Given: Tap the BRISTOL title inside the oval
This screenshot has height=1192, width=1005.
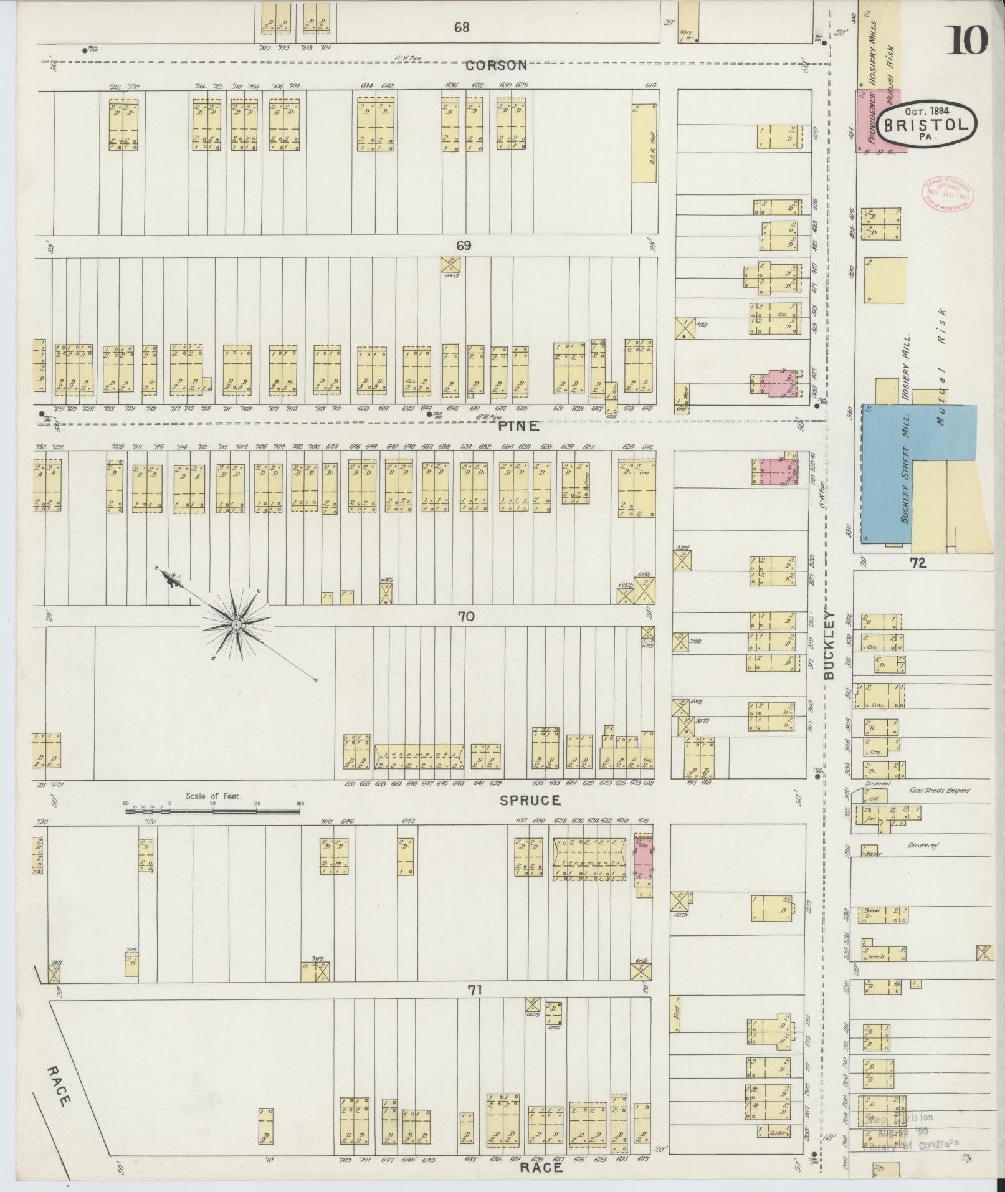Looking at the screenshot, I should pyautogui.click(x=926, y=125).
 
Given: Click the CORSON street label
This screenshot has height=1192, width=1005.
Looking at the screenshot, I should pyautogui.click(x=496, y=65).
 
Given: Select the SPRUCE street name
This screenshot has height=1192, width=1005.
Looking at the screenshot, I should pyautogui.click(x=530, y=801).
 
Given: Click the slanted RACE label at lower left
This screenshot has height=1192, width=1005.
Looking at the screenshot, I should pyautogui.click(x=57, y=1085).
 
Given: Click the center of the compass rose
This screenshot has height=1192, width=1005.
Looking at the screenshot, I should pyautogui.click(x=236, y=624).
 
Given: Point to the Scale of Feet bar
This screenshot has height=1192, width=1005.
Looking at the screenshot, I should pyautogui.click(x=212, y=811).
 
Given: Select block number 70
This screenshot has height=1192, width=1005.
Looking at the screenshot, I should pyautogui.click(x=465, y=617).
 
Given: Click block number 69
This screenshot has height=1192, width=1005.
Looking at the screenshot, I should pyautogui.click(x=463, y=246).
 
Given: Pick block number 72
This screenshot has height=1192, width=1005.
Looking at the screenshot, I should pyautogui.click(x=918, y=563).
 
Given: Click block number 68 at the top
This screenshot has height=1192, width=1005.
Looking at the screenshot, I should pyautogui.click(x=461, y=27).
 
